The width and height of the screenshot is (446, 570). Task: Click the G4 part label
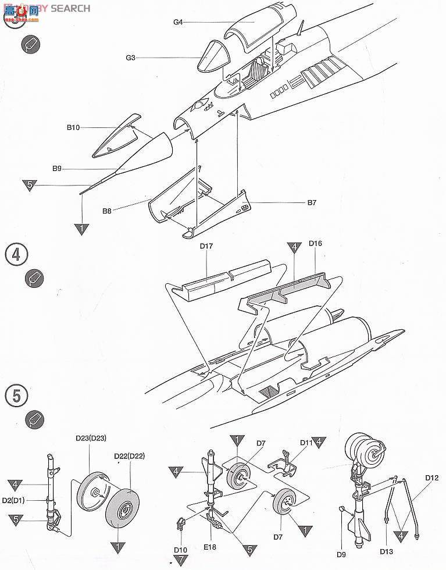(178, 22)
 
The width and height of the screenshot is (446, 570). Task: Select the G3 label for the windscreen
(130, 58)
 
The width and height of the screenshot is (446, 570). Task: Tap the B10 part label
(73, 127)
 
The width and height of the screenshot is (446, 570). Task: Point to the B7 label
(312, 203)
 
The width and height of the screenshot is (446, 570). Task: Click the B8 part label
(106, 211)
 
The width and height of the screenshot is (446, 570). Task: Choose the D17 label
(206, 247)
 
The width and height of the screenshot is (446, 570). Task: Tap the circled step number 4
(16, 255)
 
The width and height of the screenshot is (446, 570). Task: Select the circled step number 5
(16, 396)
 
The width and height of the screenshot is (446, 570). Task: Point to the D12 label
(431, 478)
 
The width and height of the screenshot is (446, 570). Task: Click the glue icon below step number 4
(34, 278)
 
